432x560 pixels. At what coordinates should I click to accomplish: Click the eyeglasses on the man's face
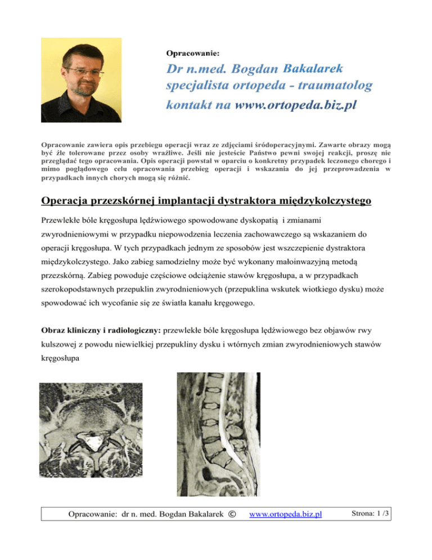click(x=84, y=72)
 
